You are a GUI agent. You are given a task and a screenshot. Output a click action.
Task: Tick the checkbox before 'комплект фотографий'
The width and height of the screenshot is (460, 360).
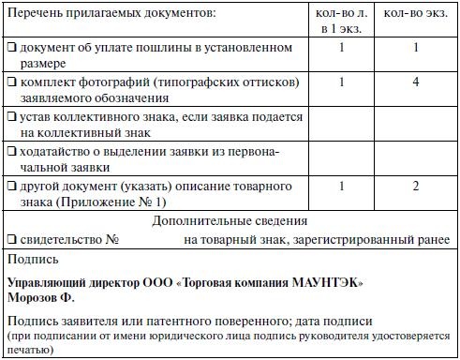point(11,82)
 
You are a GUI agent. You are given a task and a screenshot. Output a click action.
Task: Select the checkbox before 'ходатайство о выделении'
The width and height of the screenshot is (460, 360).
point(11,150)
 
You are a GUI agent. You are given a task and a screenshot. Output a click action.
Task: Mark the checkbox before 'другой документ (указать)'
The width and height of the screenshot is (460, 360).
point(11,186)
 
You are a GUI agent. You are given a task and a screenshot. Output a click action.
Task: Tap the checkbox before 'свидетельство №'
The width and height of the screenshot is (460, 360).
point(11,239)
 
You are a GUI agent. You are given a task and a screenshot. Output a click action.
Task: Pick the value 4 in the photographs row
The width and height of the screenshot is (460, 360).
point(418,82)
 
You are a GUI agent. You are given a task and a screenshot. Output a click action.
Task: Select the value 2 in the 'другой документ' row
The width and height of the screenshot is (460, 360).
point(418,186)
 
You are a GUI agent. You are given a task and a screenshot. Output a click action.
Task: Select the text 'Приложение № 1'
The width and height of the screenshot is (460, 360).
point(117,201)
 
